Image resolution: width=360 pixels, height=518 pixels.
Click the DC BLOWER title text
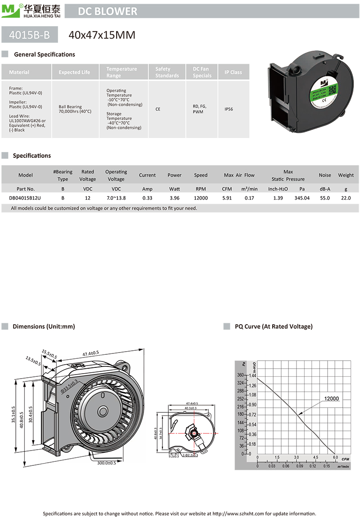click(108, 11)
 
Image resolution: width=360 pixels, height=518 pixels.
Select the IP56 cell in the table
click(233, 109)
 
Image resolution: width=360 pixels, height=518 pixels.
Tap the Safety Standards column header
click(167, 72)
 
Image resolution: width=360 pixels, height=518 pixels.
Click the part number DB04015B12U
click(25, 198)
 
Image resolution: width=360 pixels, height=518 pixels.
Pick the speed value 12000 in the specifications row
click(201, 198)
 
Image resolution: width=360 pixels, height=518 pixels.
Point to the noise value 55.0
click(324, 198)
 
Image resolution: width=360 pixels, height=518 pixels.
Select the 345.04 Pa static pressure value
click(301, 198)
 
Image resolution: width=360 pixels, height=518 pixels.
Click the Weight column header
click(346, 175)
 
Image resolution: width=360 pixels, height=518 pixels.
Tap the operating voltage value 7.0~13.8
click(116, 198)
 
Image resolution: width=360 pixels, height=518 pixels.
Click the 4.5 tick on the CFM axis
click(315, 458)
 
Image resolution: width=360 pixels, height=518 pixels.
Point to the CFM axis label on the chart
click(345, 459)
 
